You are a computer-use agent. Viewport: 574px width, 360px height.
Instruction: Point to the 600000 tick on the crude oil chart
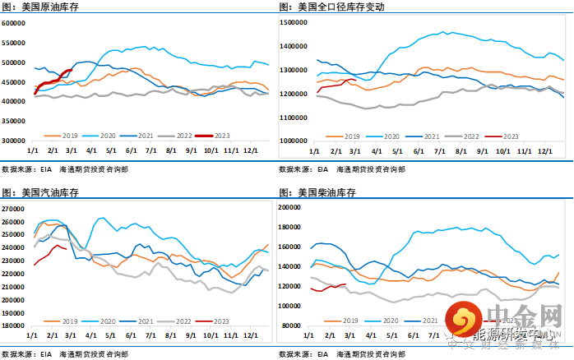coord(14,23)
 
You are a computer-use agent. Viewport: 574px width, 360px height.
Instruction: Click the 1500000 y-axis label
coord(294,23)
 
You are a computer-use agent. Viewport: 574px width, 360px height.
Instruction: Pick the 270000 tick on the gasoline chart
coord(14,209)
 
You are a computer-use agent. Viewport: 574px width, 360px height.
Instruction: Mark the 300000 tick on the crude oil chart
coord(14,141)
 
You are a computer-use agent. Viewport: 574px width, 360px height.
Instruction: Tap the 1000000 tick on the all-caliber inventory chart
coord(294,141)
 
